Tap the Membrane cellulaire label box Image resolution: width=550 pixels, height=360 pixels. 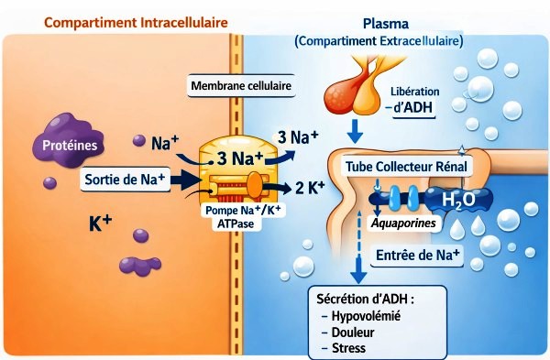click(x=240, y=87)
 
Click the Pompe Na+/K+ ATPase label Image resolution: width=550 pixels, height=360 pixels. click(x=243, y=216)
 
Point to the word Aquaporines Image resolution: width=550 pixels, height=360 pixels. click(x=402, y=223)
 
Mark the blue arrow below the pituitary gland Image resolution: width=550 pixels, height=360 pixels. click(x=356, y=125)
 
